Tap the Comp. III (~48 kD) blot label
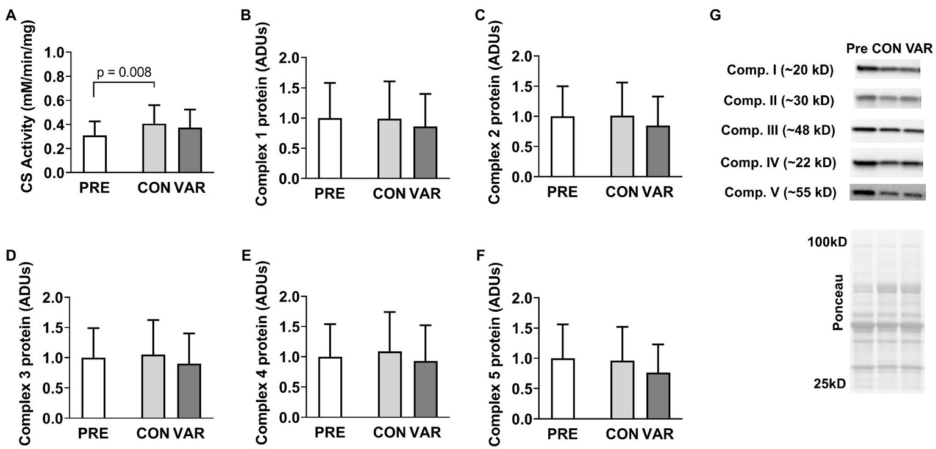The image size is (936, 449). click(777, 130)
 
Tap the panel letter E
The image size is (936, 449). click(246, 254)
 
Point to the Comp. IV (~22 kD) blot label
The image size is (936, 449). click(778, 162)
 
